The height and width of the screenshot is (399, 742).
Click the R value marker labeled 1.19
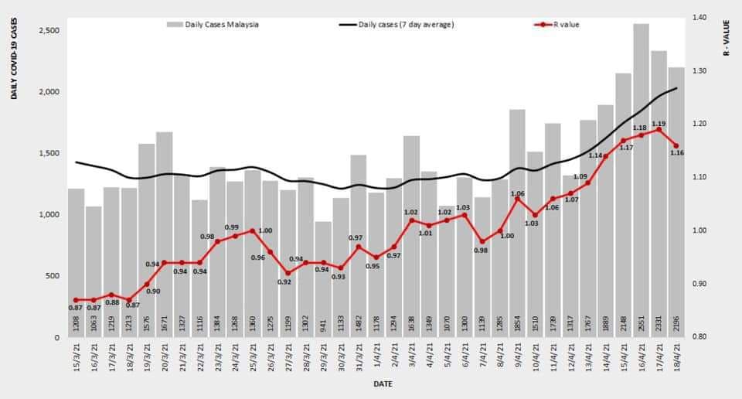659,130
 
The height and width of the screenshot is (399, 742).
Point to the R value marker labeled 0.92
288,273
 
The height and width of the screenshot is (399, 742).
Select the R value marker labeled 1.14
605,156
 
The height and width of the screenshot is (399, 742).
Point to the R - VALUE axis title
727,39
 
